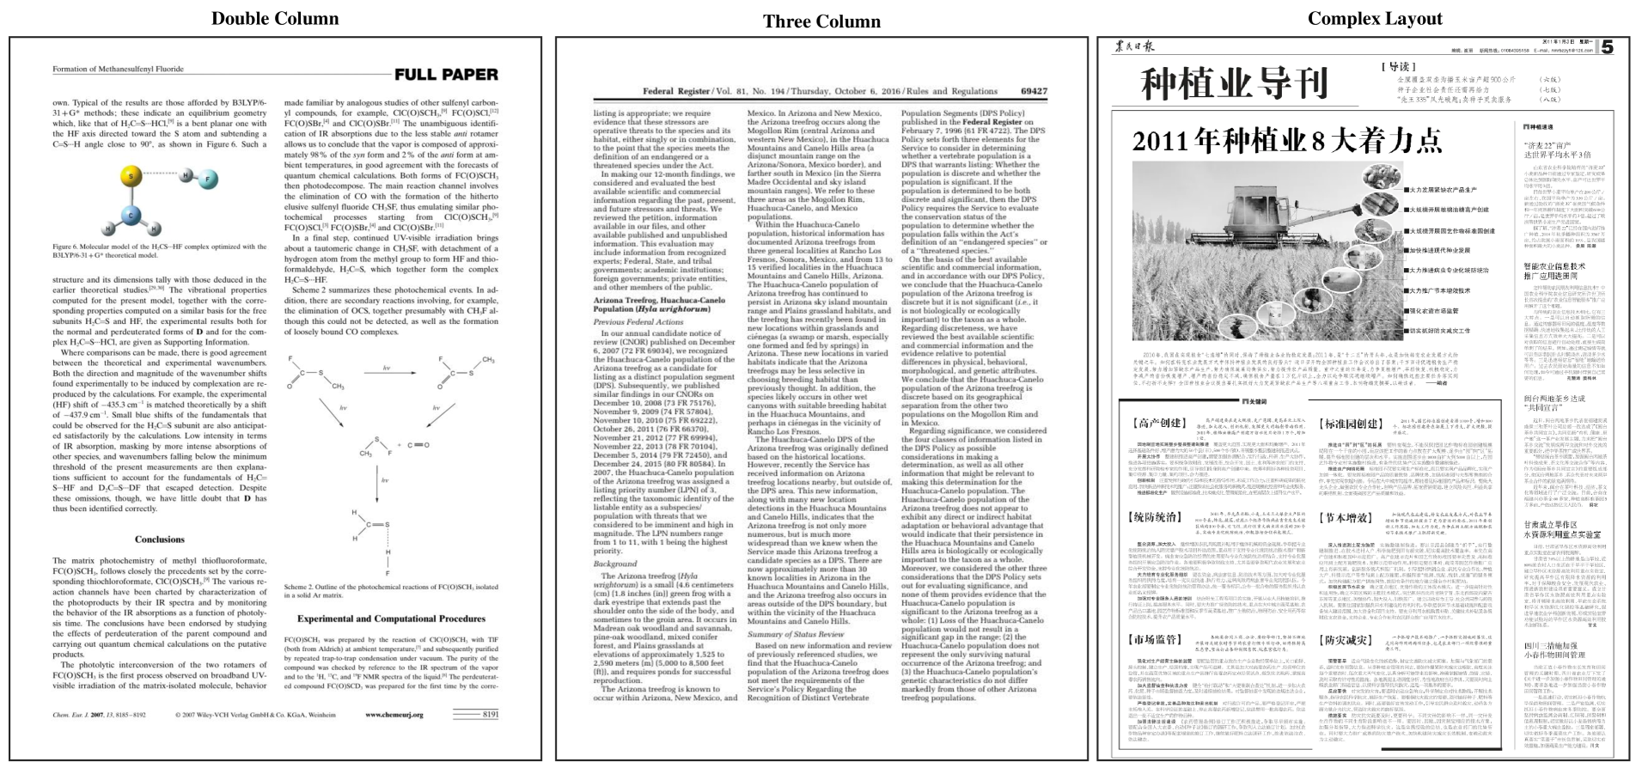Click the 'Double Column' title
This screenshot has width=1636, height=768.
[275, 19]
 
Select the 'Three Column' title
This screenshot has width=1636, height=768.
[821, 21]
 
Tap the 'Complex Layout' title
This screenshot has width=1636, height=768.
[1375, 19]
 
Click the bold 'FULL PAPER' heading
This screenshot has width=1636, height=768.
[446, 75]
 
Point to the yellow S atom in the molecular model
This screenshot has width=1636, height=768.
[131, 177]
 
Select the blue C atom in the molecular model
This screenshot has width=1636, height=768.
[131, 215]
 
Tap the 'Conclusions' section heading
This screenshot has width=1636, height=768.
[159, 539]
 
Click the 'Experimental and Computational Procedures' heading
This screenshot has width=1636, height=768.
[391, 619]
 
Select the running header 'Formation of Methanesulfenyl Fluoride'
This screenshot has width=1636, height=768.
[118, 69]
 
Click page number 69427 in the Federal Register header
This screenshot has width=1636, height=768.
[1034, 91]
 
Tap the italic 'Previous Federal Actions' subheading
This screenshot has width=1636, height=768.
[638, 322]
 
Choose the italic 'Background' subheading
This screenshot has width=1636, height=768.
[615, 564]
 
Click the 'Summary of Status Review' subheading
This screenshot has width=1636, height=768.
[796, 634]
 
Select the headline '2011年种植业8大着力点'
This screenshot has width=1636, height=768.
[1286, 140]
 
